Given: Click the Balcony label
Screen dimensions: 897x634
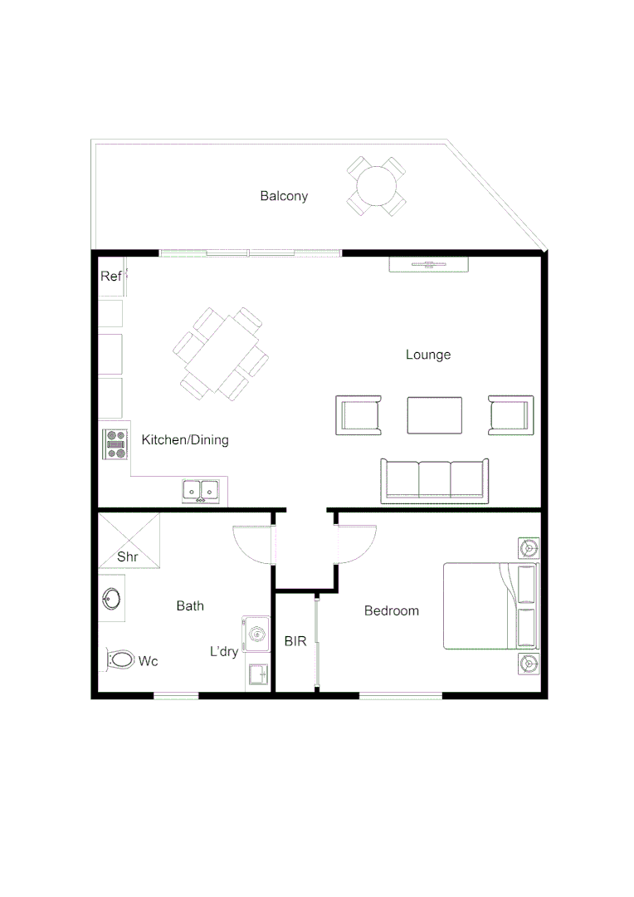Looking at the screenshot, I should [284, 196].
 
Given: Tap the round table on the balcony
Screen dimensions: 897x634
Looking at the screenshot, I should [376, 186].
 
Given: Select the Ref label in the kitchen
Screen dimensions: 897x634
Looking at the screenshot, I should [110, 277].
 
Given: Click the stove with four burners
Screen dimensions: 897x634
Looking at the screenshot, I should [115, 444].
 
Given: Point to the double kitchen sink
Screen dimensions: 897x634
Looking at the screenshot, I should [201, 491].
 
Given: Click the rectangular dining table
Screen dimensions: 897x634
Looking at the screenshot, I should [222, 353].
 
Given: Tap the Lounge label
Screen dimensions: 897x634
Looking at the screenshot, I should [428, 355].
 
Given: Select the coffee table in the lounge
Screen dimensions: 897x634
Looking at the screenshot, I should [435, 415].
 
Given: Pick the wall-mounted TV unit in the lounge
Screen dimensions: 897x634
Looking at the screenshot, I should [429, 264].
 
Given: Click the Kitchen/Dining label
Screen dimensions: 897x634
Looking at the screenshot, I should [185, 439].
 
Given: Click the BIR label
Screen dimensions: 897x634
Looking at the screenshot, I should [295, 641].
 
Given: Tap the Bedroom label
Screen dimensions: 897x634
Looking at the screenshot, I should [392, 610].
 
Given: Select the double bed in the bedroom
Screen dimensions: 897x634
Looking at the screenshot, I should [490, 606].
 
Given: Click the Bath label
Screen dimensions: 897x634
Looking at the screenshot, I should [190, 605].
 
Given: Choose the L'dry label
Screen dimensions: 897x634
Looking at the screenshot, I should [224, 652].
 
